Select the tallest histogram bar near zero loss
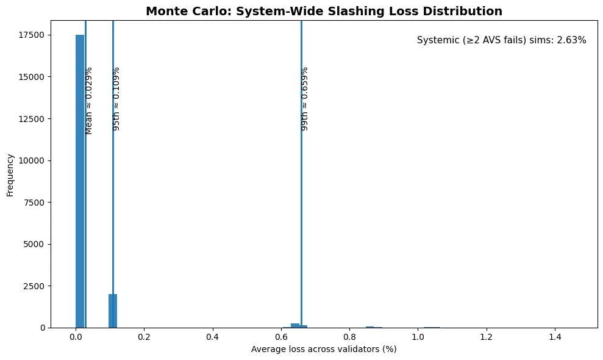80,183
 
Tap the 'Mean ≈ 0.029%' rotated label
89,100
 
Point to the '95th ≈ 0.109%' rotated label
117,98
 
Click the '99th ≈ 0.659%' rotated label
305,98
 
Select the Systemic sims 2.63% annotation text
501,40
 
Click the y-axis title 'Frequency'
10,175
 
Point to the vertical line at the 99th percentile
301,214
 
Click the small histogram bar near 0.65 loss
295,325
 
